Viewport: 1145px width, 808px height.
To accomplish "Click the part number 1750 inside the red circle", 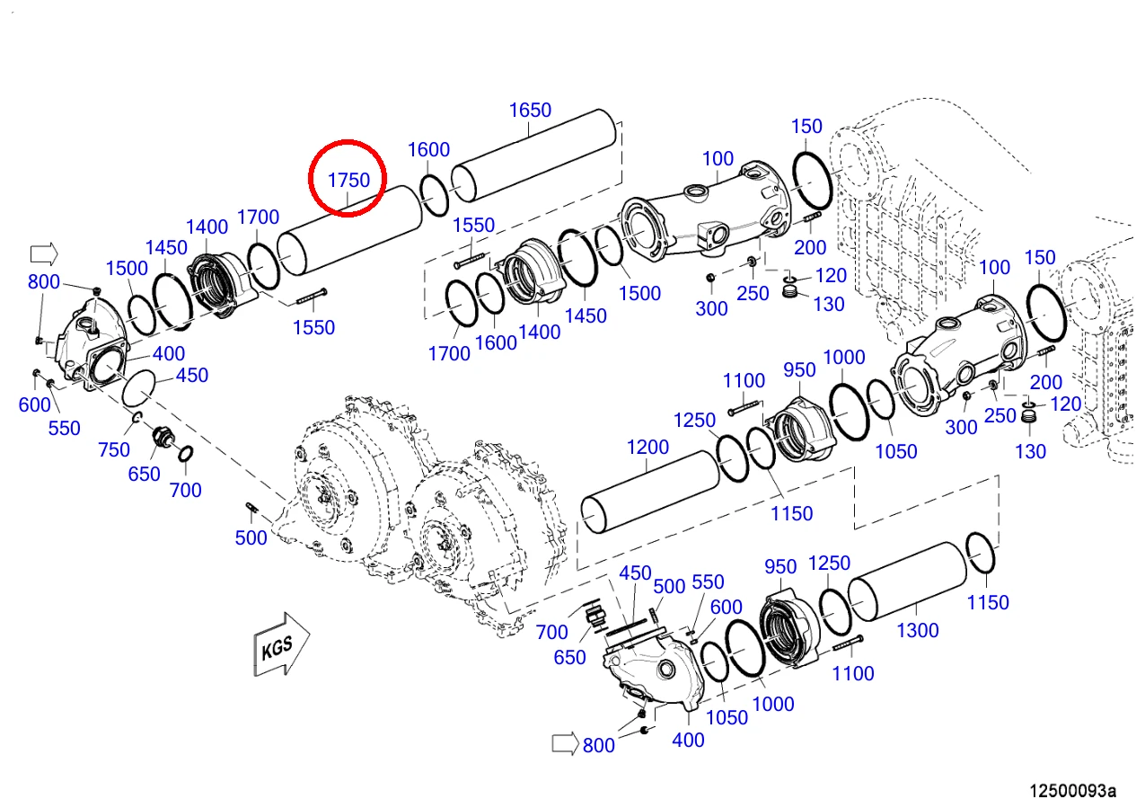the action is click(348, 180).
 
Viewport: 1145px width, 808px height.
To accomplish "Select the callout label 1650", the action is click(530, 110).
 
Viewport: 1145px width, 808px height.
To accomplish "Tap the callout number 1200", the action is click(647, 448).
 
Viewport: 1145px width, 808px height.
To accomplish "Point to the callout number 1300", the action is click(918, 630).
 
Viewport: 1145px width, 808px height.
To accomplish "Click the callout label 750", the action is click(114, 449).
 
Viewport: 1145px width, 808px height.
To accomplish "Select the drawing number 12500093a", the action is click(1072, 791).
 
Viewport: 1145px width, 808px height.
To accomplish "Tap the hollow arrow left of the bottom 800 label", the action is click(565, 743).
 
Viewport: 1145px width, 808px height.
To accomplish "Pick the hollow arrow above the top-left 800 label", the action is click(44, 254).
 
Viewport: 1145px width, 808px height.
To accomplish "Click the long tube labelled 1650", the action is click(533, 155).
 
